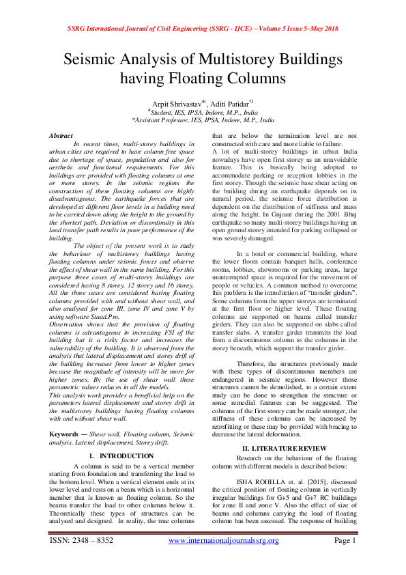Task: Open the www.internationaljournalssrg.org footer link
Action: [x=224, y=540]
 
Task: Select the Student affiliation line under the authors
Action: [x=203, y=111]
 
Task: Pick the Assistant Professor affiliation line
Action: [x=203, y=118]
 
